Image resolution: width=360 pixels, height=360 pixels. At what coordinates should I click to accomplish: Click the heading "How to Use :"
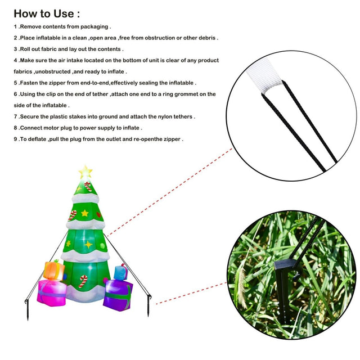47,13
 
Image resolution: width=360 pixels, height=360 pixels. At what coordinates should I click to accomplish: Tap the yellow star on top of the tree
85,172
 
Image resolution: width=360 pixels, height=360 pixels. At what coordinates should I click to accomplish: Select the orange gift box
54,271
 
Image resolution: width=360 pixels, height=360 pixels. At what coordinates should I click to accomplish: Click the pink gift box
52,292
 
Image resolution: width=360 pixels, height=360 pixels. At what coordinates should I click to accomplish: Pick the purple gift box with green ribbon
118,295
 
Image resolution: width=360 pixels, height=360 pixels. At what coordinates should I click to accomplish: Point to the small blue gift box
120,272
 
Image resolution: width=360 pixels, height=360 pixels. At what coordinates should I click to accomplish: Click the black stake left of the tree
27,309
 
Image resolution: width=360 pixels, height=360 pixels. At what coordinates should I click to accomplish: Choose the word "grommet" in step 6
186,94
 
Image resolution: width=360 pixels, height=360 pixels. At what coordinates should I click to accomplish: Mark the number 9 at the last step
15,139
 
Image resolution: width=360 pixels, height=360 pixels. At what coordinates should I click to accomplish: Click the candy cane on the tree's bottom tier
83,281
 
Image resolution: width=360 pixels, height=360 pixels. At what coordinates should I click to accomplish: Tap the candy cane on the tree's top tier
88,186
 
